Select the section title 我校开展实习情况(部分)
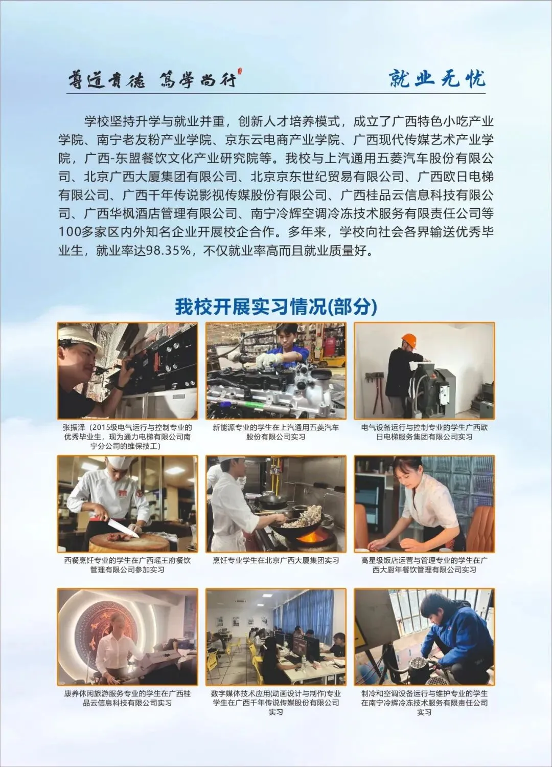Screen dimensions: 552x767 [x=276, y=306]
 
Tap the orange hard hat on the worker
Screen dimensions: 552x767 [x=408, y=340]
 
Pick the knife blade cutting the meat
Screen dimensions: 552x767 [x=123, y=528]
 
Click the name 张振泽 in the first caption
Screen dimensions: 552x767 [x=72, y=427]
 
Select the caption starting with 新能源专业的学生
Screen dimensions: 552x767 [x=275, y=432]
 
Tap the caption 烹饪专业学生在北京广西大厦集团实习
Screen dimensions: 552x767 [x=275, y=560]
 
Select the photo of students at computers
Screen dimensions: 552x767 [x=275, y=637]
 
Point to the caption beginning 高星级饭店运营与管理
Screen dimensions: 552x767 [x=424, y=565]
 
